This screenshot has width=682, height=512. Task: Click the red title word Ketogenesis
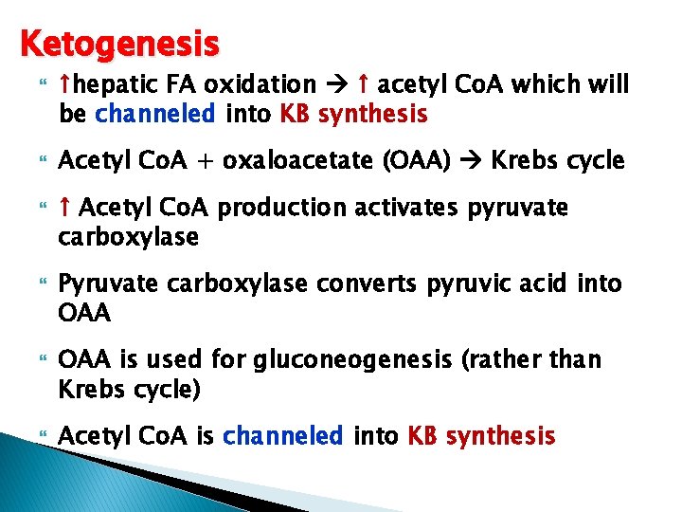click(119, 44)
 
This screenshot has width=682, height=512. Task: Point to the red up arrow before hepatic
click(64, 86)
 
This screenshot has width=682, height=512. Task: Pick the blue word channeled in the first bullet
click(156, 115)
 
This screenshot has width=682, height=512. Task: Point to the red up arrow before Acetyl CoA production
click(64, 209)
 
